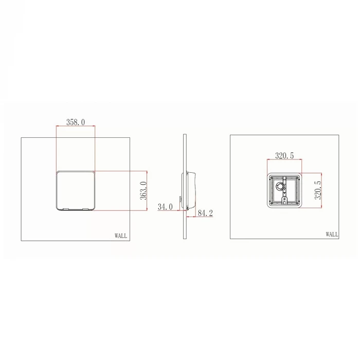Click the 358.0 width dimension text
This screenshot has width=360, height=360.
point(76,122)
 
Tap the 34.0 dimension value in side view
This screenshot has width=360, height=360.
point(165,207)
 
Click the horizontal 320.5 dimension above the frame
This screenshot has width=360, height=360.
point(284,155)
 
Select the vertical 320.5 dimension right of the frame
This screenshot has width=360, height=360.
point(318,190)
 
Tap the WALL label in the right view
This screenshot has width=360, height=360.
point(332,234)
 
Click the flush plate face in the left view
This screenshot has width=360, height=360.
point(76,189)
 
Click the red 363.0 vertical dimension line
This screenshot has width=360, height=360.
point(148,191)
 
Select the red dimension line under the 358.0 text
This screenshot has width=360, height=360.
point(76,127)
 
